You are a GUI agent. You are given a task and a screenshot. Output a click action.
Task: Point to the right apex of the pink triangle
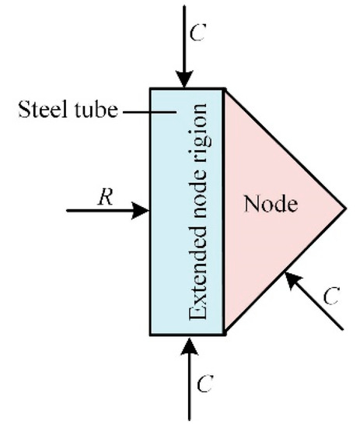pyautogui.click(x=344, y=209)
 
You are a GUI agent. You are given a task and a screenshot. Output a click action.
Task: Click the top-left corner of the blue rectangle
pyautogui.click(x=151, y=89)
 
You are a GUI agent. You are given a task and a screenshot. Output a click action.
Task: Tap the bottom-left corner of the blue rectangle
pyautogui.click(x=151, y=334)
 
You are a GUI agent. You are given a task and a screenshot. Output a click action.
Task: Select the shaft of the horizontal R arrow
pyautogui.click(x=101, y=210)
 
